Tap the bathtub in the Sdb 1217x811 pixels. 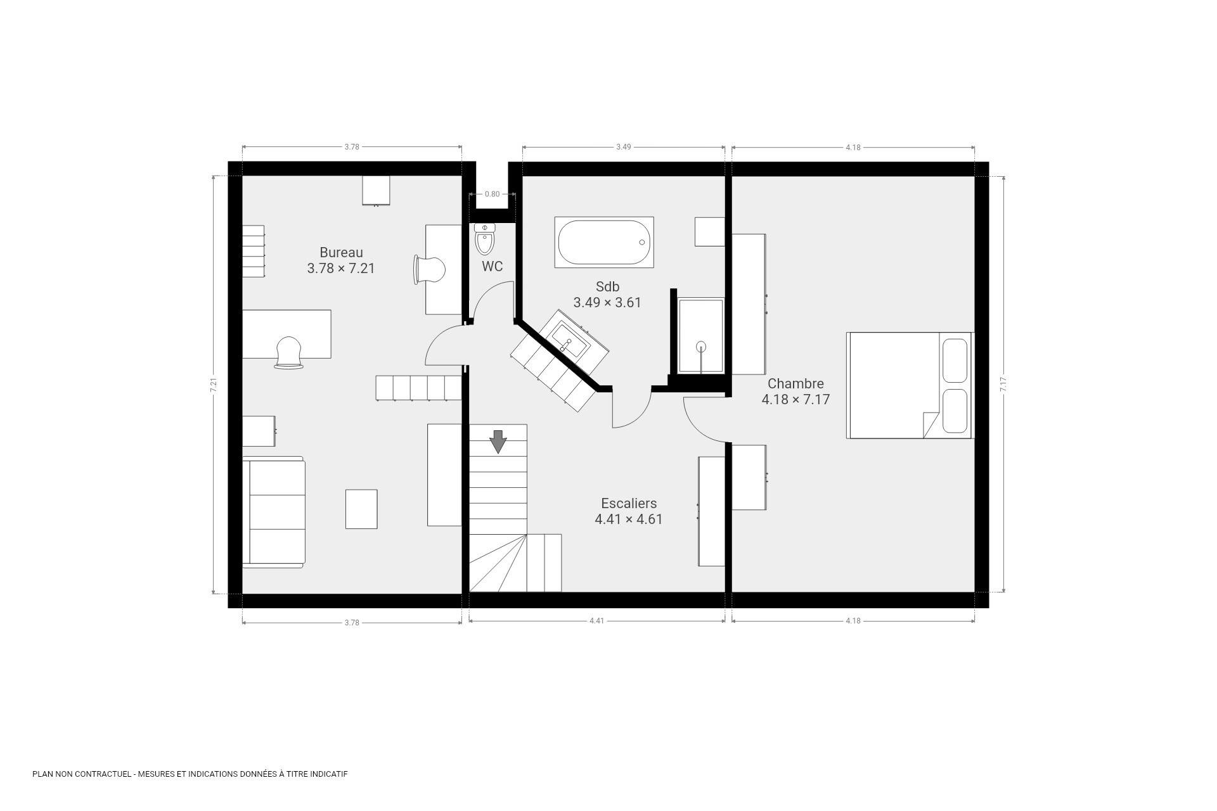click(x=604, y=242)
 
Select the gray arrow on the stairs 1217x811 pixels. click(x=498, y=442)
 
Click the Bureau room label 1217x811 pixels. click(x=341, y=253)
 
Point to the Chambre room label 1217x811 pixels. click(x=795, y=384)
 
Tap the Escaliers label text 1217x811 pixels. click(x=629, y=504)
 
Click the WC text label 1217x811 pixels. click(x=492, y=267)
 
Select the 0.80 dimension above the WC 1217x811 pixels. click(x=492, y=194)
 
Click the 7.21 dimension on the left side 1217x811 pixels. click(x=214, y=385)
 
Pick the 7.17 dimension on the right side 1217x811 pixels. click(x=1003, y=385)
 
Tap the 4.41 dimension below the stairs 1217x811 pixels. click(x=596, y=621)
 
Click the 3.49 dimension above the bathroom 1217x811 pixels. click(x=624, y=147)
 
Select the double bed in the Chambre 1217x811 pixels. click(x=909, y=385)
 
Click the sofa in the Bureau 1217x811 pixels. click(x=273, y=512)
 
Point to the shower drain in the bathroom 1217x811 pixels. click(x=701, y=346)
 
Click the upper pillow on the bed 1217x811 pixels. click(x=955, y=361)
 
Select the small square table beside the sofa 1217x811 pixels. click(x=361, y=509)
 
